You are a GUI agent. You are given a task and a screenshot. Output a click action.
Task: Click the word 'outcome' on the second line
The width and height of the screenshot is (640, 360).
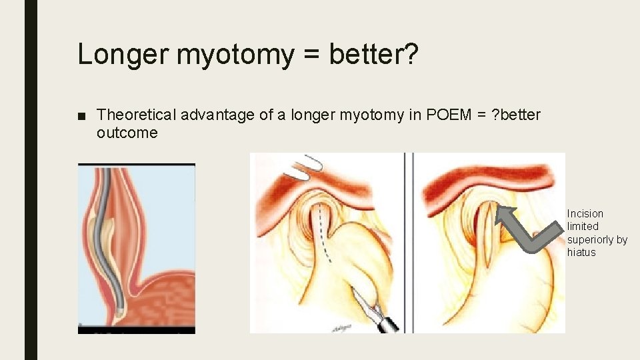[x=127, y=133]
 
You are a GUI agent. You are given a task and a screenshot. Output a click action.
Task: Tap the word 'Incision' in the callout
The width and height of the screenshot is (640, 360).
[x=585, y=213]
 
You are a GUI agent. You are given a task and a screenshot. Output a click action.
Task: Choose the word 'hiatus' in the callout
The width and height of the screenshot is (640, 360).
[x=581, y=252]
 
